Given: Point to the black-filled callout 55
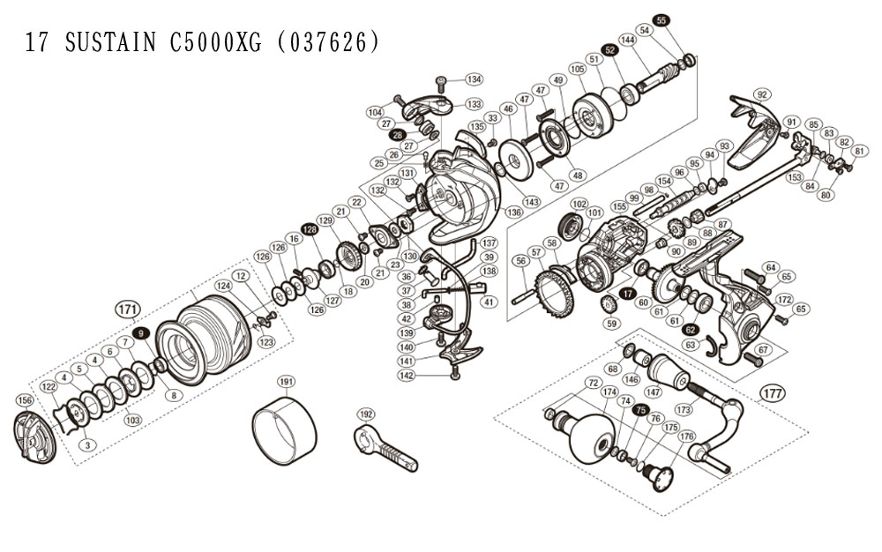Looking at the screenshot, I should point(661,19).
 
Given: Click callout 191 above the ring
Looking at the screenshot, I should point(285,381).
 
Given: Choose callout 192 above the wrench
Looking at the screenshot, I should point(366,413).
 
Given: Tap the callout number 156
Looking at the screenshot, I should point(24,400).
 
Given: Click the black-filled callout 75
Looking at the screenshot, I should point(641,410).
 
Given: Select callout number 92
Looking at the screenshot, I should point(763,94).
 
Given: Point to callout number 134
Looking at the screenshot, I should point(475,78).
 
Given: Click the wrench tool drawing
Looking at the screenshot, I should point(385,448).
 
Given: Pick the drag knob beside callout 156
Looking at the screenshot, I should point(34,437).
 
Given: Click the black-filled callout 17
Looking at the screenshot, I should point(627,293).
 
